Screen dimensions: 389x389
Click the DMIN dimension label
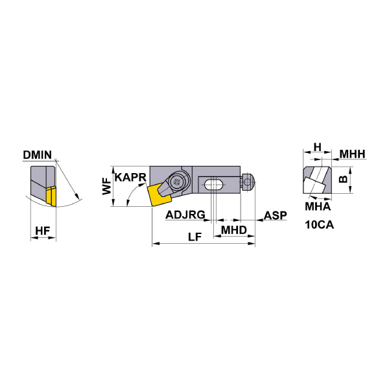[37, 155]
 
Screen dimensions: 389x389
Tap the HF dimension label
[42, 231]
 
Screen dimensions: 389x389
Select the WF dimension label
[107, 186]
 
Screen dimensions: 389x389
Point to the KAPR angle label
[130, 178]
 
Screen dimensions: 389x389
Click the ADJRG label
[185, 215]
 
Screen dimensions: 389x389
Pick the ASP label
[275, 215]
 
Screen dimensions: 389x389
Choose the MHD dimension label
[234, 230]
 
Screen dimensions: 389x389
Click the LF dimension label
[194, 237]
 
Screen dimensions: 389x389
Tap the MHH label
[352, 154]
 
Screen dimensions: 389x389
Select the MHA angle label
[318, 206]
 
